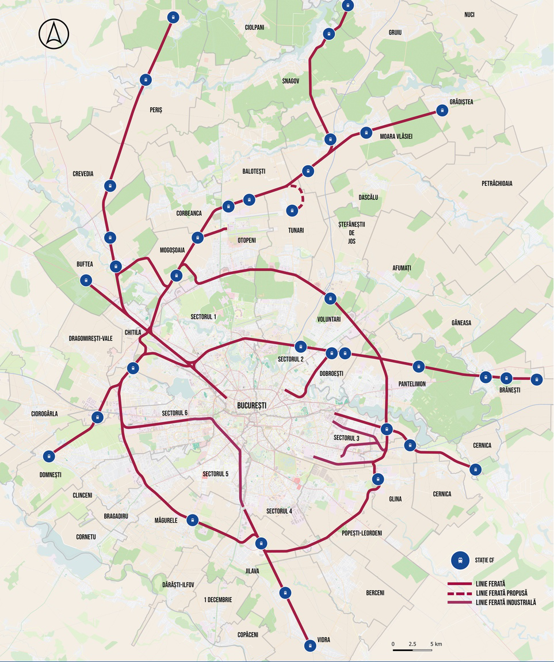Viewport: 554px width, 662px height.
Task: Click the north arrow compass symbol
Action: (54, 34)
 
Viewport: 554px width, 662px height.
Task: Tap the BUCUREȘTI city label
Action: (251, 405)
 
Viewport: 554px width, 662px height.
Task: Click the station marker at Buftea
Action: (86, 280)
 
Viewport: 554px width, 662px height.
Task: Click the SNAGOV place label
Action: (291, 81)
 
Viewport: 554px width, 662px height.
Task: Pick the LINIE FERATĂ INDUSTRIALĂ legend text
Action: (506, 602)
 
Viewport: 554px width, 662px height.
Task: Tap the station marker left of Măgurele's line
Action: (193, 520)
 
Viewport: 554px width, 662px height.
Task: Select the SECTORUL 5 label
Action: (215, 474)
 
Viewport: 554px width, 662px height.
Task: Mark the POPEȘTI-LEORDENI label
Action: (361, 533)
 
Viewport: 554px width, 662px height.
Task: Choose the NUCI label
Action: (469, 14)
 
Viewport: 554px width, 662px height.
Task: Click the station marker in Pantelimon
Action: (418, 367)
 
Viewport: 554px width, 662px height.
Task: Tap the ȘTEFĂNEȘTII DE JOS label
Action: (352, 232)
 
